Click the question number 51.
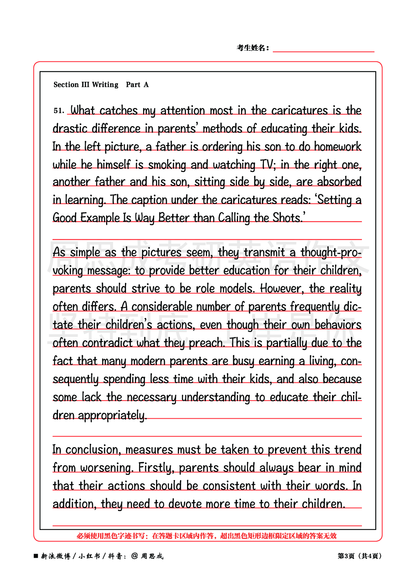click(x=58, y=111)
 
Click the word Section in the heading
click(x=66, y=85)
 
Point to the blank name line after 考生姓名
click(x=323, y=48)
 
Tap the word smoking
click(x=167, y=165)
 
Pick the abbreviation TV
click(x=268, y=165)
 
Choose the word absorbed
click(x=339, y=182)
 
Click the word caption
click(x=149, y=200)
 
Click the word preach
click(x=206, y=343)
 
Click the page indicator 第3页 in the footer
click(x=346, y=556)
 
